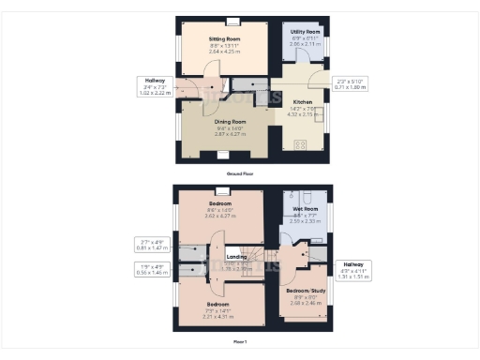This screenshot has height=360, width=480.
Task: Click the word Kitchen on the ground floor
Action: (x=303, y=101)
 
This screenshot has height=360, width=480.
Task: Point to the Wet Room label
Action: (x=304, y=208)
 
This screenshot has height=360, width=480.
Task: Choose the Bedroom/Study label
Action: (x=304, y=291)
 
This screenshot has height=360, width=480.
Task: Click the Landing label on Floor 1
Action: (x=236, y=254)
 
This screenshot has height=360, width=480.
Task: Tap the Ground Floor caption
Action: (x=240, y=174)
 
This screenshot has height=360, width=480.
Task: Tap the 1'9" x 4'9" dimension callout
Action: (x=151, y=269)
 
